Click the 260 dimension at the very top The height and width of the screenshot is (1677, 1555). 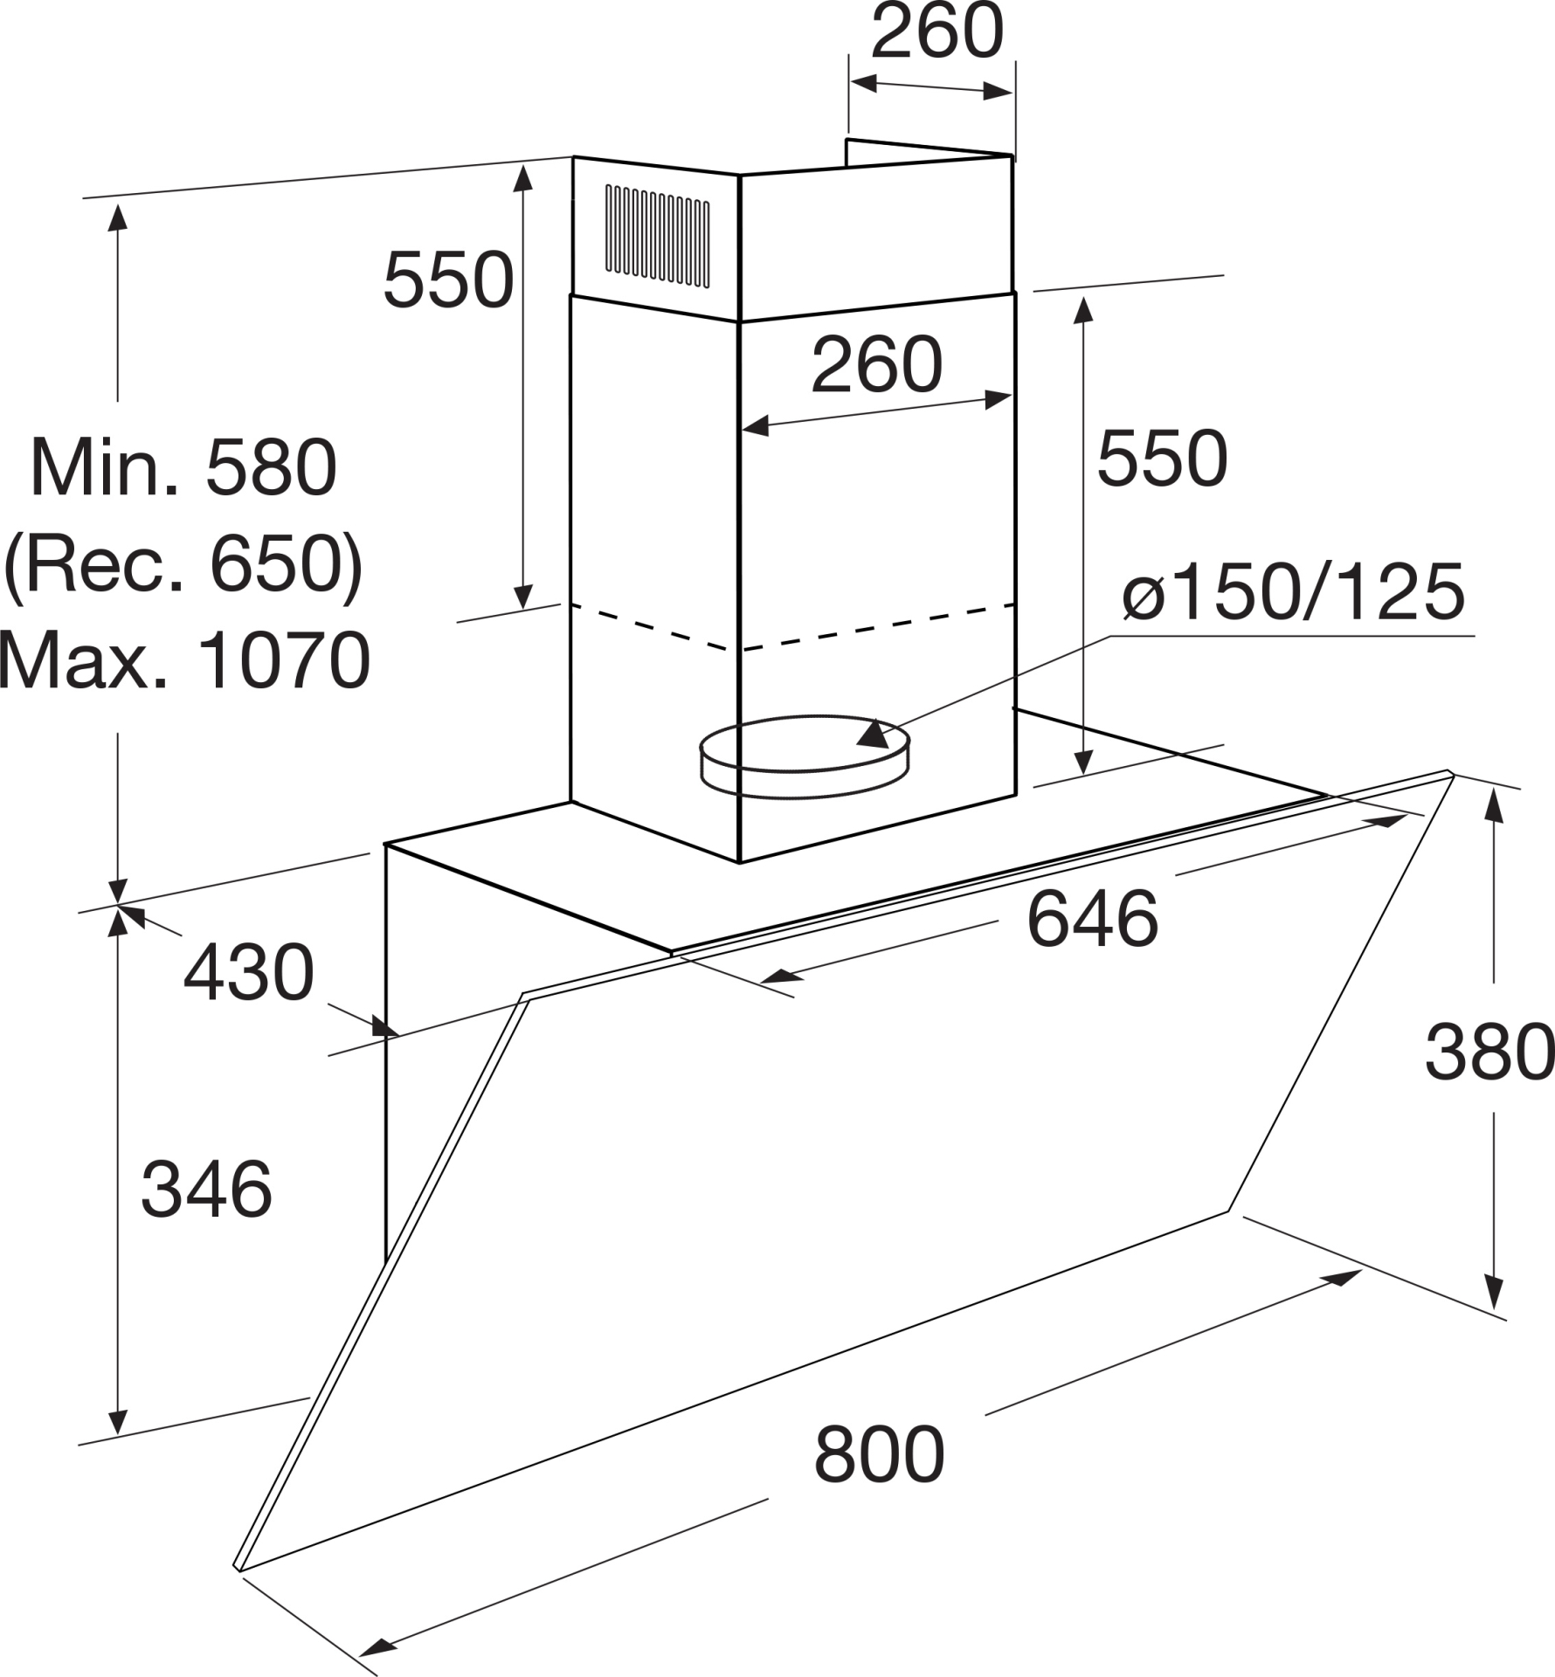click(937, 33)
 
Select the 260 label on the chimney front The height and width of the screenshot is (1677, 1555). click(877, 364)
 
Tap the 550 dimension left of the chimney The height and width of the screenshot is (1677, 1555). click(448, 280)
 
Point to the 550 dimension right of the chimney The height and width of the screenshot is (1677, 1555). click(1162, 459)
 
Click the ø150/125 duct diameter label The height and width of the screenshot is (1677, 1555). click(1294, 591)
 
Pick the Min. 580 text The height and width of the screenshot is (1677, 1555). click(183, 468)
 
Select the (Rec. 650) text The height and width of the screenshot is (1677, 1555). click(183, 565)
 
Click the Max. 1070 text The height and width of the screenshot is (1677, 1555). click(184, 660)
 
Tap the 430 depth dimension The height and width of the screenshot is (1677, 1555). click(248, 972)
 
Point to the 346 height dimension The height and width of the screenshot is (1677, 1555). click(206, 1189)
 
